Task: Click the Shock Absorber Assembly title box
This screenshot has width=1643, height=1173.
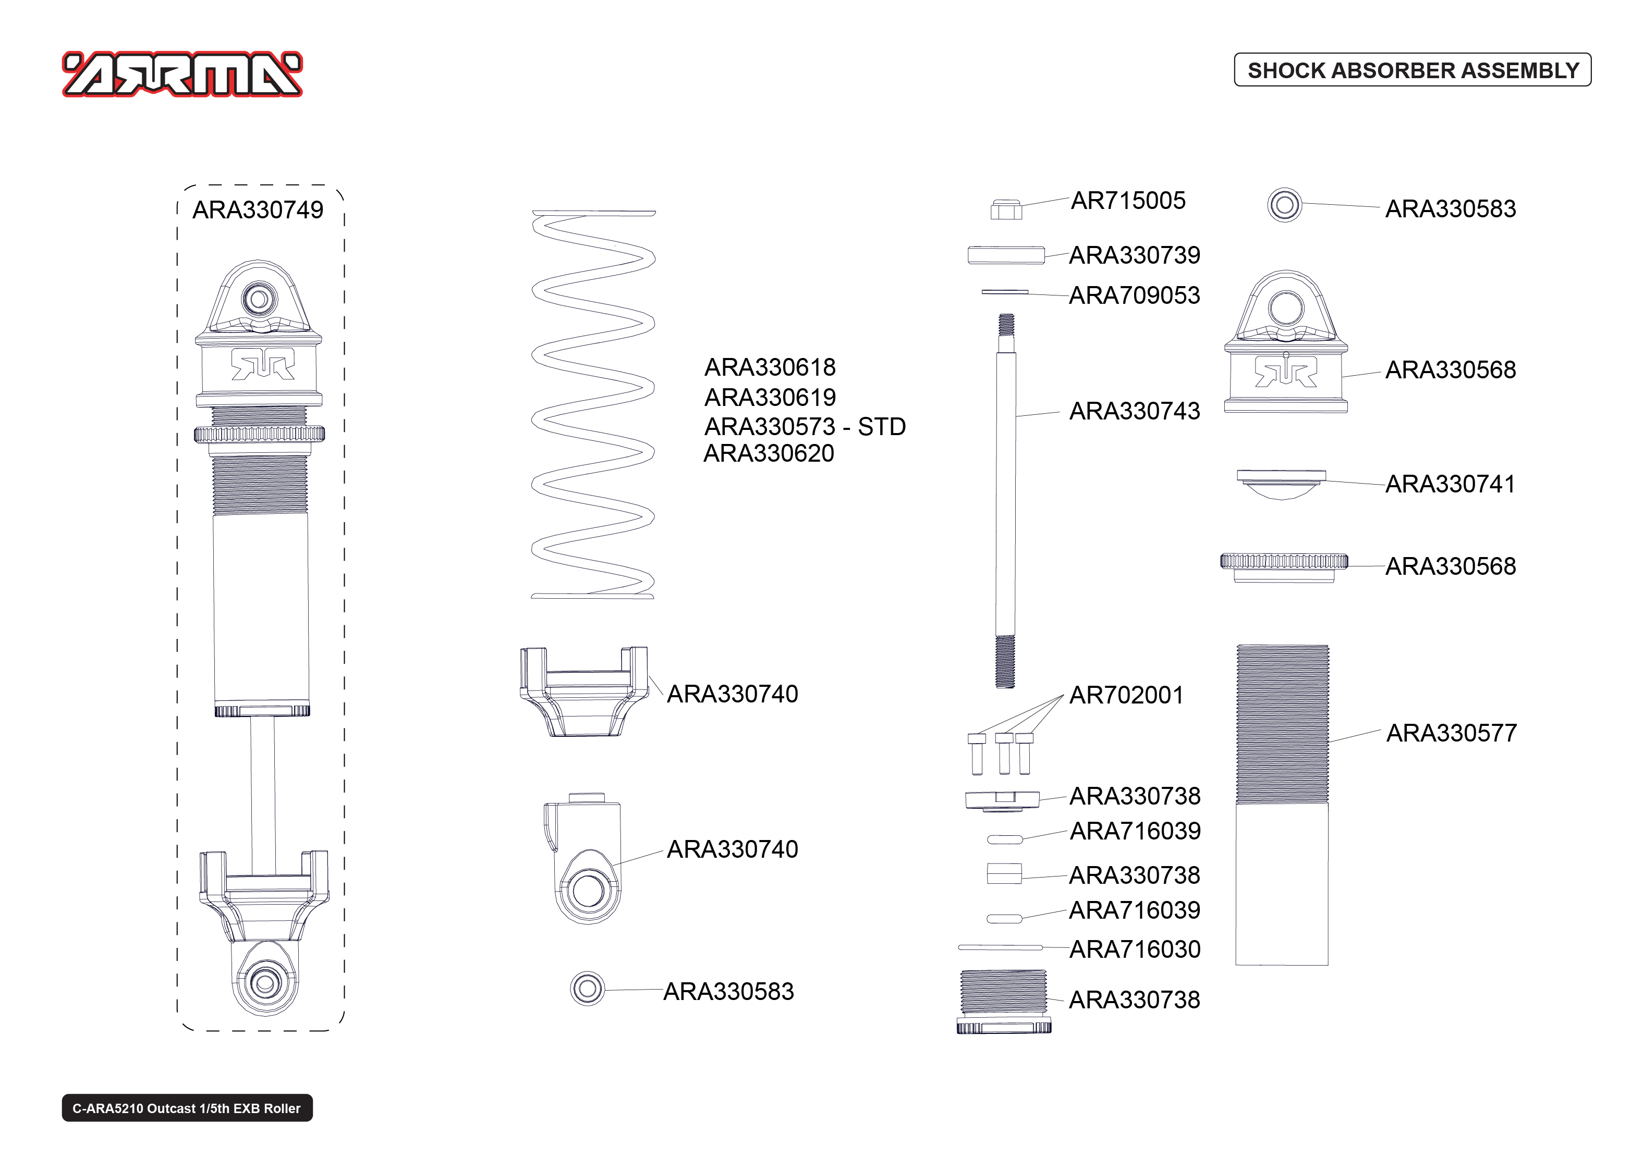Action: point(1412,70)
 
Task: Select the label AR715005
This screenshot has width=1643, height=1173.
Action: point(1128,201)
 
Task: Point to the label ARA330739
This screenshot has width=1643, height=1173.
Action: point(1134,255)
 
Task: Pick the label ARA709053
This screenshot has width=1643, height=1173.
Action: point(1134,295)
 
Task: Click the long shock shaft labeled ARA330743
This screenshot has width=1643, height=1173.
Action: point(1005,498)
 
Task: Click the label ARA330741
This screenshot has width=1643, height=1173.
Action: point(1450,484)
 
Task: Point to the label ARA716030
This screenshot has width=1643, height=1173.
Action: point(1134,949)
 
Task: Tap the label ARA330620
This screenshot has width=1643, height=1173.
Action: point(769,453)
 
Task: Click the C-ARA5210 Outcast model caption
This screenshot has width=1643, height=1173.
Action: point(187,1108)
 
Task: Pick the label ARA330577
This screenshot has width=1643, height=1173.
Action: point(1451,733)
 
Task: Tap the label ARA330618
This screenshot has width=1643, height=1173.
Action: point(770,368)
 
